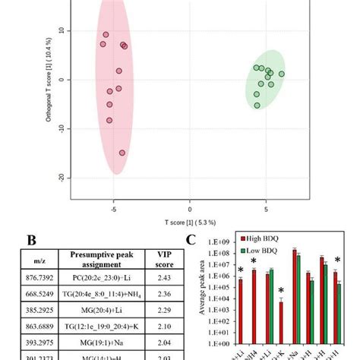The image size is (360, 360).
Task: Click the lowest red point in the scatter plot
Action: point(122,153)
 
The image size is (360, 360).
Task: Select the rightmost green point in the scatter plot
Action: point(282,74)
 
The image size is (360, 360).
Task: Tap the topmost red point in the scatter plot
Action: point(106,34)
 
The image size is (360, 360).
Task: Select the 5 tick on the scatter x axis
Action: point(266,207)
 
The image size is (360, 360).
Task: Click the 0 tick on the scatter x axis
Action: point(190,207)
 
